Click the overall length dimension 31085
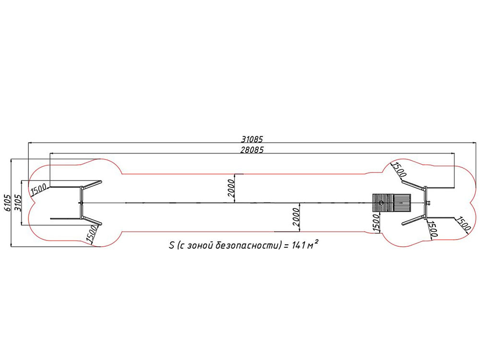tap(252, 139)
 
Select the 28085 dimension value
tap(252, 150)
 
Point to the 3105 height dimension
tap(17, 203)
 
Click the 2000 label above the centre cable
tap(231, 188)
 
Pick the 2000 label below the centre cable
tap(296, 217)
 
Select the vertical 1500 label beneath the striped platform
tap(376, 223)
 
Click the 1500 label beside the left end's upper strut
tap(38, 190)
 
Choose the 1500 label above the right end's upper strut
tap(399, 170)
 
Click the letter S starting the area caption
tap(172, 245)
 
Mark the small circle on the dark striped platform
tap(382, 203)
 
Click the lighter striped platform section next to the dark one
tap(401, 203)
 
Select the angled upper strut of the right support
tap(413, 185)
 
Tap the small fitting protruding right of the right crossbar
tap(429, 203)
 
